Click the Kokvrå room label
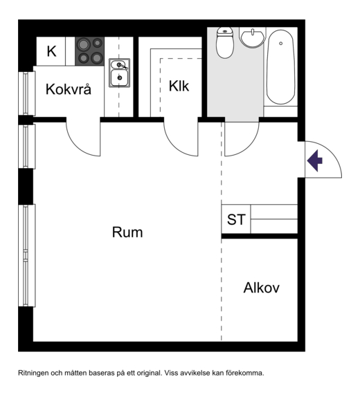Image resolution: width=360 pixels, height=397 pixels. tap(69, 89)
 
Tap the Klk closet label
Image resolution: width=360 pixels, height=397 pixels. tap(179, 86)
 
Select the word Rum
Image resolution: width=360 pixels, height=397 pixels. tap(127, 232)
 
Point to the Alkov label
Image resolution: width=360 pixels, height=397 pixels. tap(262, 288)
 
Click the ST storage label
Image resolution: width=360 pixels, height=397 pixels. tap(236, 219)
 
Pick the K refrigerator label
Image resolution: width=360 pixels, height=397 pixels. tap(51, 51)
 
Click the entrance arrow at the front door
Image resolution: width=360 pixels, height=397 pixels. tap(315, 160)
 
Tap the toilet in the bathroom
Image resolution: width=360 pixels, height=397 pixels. tap(225, 43)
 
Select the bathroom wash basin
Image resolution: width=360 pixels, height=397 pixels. tap(253, 38)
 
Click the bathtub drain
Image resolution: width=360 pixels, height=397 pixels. tap(280, 44)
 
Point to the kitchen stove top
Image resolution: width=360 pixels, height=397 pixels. tap(89, 51)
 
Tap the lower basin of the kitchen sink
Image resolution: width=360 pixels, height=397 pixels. tap(120, 77)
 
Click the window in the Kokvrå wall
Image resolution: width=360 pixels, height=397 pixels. tap(26, 93)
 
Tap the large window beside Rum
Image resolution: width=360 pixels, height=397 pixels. tap(26, 255)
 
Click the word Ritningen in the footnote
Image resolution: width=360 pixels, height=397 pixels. tap(33, 373)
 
